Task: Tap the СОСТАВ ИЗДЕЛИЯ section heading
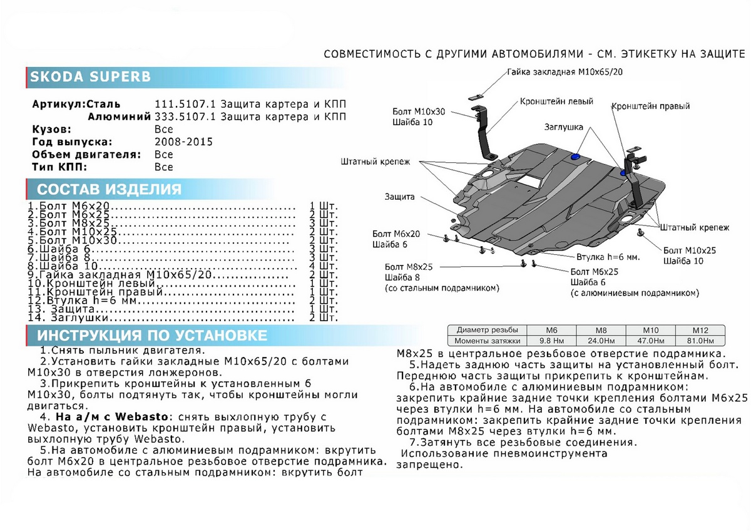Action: coord(109,190)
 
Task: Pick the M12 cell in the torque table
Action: coord(699,331)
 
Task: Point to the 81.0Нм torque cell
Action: coord(699,341)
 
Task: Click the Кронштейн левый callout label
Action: coord(556,101)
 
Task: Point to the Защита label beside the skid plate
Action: coord(400,197)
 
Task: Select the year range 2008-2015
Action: coord(183,142)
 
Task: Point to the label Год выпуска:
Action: coord(72,142)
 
